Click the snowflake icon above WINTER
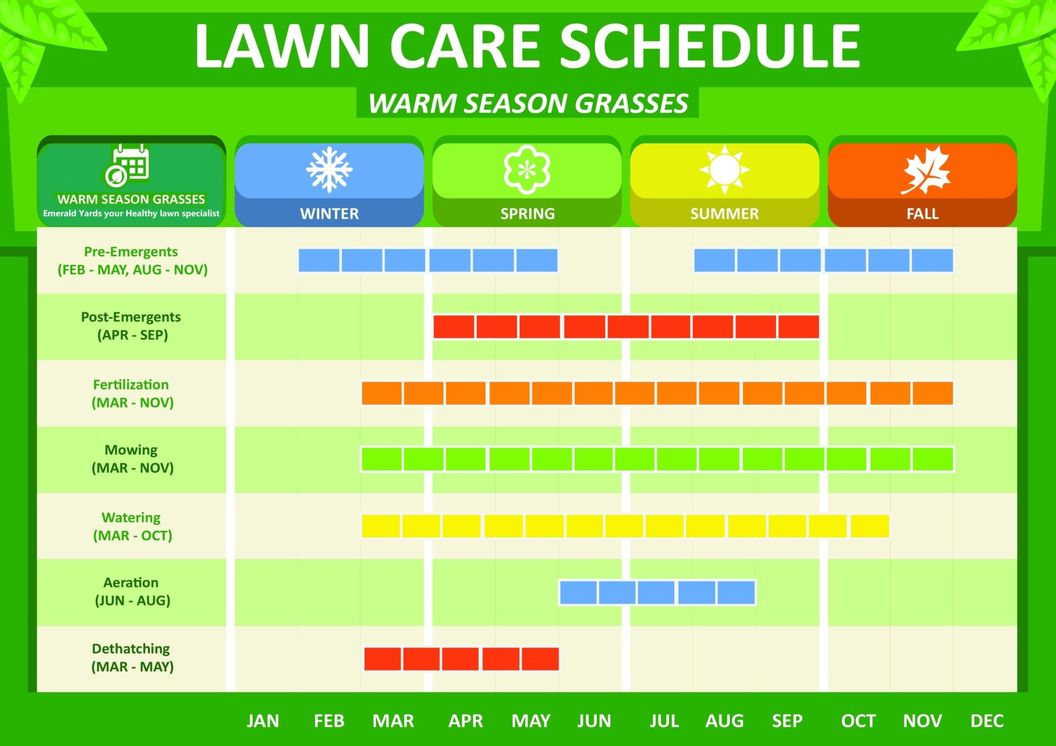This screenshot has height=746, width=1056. coord(329,169)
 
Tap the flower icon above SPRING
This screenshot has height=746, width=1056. coord(527,169)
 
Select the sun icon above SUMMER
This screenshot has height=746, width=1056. coord(724,169)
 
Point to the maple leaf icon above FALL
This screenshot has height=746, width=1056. coord(926,170)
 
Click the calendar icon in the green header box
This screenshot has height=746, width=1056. coord(127,165)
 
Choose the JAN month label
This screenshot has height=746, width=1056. coord(263,721)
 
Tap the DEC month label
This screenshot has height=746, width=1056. coord(987,721)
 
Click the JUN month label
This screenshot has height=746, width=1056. coord(594,721)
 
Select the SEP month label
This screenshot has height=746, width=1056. coord(787,721)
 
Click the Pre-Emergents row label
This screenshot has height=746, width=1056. coord(132,261)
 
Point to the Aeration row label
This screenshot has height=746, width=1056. coord(132,591)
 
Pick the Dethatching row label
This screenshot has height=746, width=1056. coord(132,657)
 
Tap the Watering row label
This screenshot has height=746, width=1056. coord(132,526)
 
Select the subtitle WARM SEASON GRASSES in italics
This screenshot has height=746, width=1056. coord(528,103)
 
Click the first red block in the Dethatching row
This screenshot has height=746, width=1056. coord(382,659)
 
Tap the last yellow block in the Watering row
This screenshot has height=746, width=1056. coord(870,526)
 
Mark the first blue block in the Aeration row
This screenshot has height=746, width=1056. coord(578,593)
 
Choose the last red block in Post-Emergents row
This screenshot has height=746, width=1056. coord(799,327)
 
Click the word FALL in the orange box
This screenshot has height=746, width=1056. coord(922,214)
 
